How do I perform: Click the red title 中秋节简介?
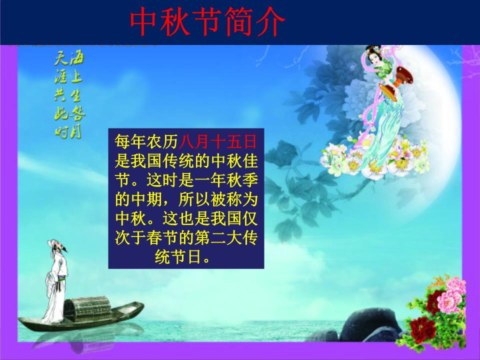tap(207, 21)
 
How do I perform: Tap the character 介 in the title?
tap(270, 21)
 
